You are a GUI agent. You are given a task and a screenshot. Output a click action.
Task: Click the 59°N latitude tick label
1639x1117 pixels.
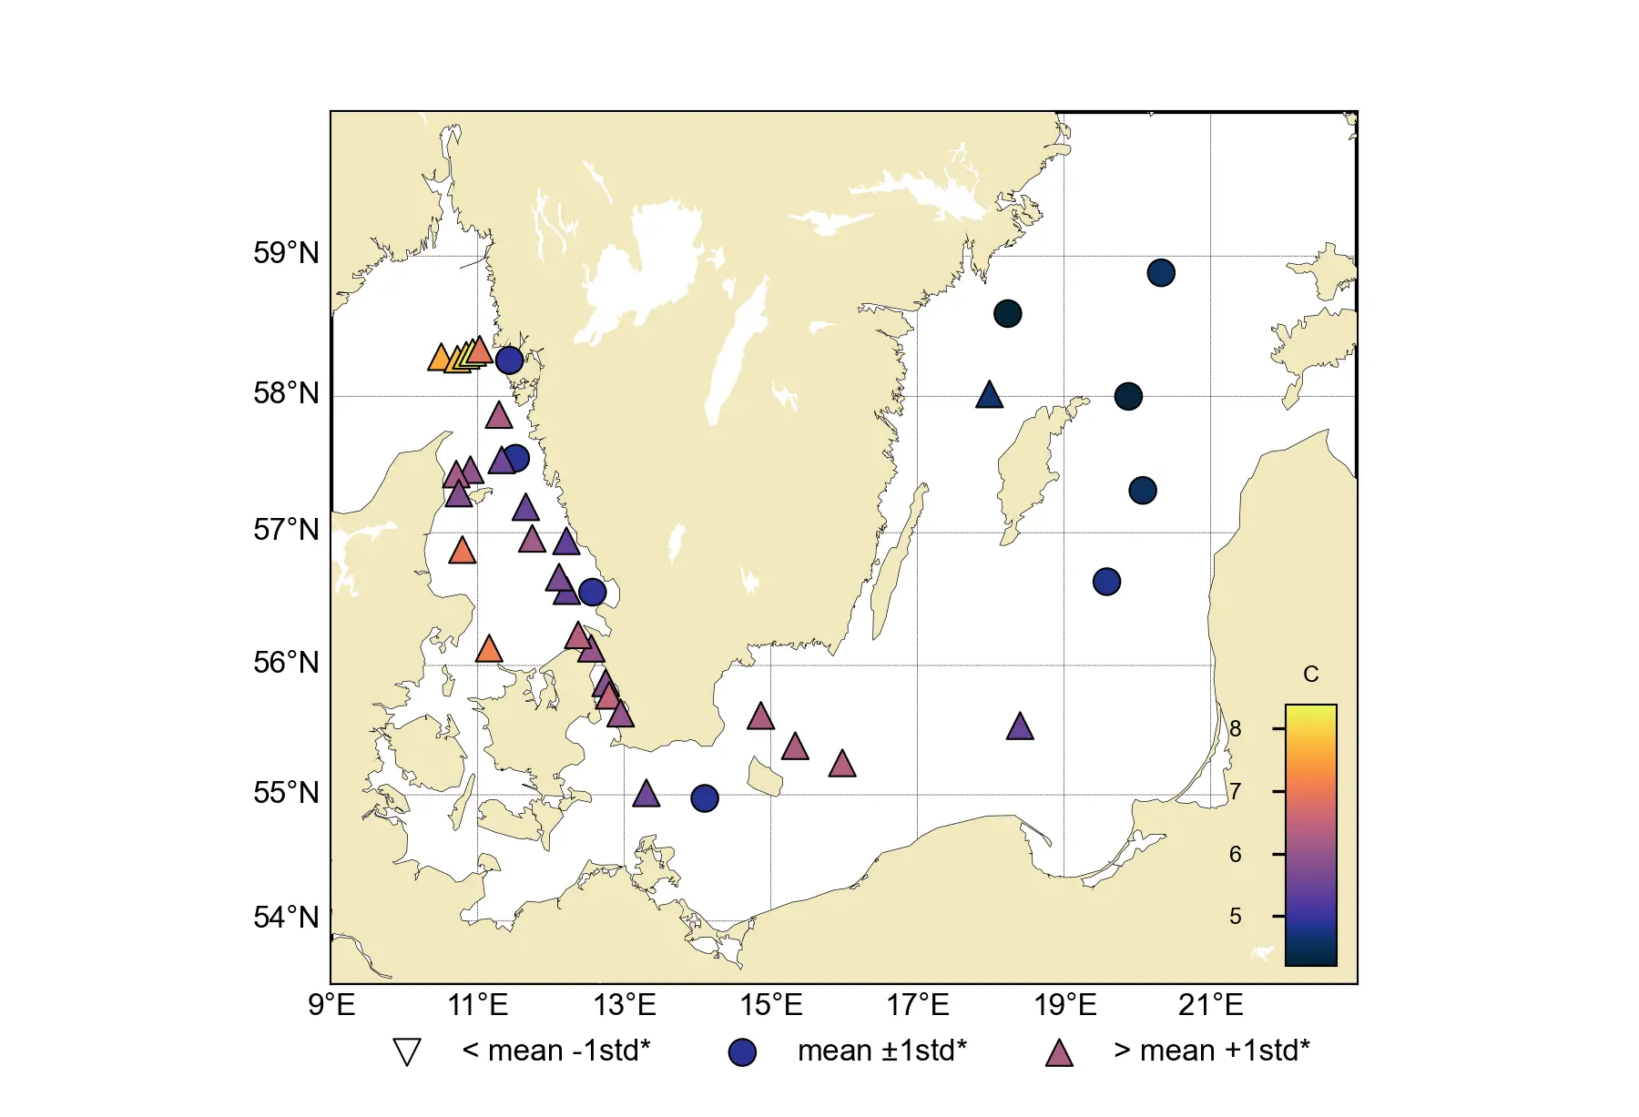tap(286, 253)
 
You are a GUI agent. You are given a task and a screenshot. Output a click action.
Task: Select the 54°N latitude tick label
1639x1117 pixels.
tap(286, 917)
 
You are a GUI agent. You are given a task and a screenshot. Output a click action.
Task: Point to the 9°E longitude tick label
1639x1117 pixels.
tap(331, 1005)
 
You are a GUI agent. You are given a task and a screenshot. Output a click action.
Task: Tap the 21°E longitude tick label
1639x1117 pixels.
tap(1210, 1005)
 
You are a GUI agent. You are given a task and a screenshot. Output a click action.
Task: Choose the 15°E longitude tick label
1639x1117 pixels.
tap(771, 1005)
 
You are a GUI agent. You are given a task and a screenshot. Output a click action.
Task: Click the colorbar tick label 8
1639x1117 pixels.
tap(1235, 728)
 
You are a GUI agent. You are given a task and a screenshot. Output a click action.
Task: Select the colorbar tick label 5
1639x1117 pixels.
tap(1235, 916)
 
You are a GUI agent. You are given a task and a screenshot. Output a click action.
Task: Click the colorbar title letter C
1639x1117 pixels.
tap(1310, 675)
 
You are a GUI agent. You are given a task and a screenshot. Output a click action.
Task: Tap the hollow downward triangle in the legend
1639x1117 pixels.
tap(407, 1051)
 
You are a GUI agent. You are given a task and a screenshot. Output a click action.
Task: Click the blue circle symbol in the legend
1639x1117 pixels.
tap(742, 1052)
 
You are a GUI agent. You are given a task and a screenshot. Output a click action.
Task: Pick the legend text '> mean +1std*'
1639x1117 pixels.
tap(1211, 1051)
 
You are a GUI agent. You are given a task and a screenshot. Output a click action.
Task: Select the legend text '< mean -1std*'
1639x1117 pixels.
tap(555, 1051)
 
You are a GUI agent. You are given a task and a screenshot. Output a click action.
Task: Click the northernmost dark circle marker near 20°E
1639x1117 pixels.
tap(1160, 273)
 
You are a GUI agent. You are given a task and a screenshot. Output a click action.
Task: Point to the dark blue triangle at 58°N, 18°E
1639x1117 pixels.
tap(989, 396)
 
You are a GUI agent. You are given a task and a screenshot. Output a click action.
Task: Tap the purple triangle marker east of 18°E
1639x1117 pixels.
tap(1020, 727)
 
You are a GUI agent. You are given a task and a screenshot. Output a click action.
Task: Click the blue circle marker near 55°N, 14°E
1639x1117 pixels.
tap(704, 798)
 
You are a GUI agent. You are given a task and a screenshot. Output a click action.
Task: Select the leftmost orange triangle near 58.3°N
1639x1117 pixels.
tap(440, 359)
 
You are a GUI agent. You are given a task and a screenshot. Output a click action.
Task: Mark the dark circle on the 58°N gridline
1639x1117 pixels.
tap(1127, 397)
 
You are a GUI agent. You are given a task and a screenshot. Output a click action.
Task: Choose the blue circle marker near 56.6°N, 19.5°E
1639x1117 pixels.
tap(1105, 582)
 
